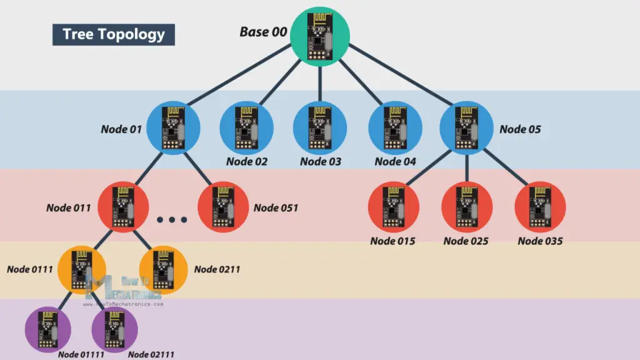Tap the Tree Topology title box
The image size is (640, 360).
coord(113,34)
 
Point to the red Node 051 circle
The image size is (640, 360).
coord(223,207)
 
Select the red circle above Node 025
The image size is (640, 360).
coord(467,207)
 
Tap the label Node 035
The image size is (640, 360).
coord(540,241)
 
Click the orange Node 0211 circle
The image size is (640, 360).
coord(163,270)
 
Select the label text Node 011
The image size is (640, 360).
coord(68,207)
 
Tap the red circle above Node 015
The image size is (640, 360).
coord(393,207)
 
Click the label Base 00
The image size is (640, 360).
coord(263,32)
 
